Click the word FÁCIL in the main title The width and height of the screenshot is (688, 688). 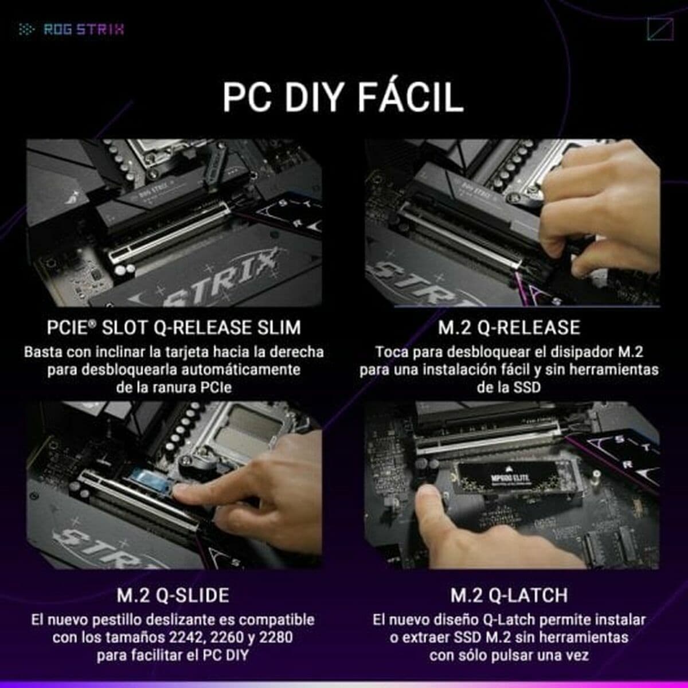(x=410, y=97)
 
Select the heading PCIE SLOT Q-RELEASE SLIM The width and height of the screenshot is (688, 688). (x=173, y=327)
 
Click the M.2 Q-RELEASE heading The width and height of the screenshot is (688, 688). (x=509, y=327)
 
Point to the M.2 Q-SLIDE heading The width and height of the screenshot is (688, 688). (x=173, y=595)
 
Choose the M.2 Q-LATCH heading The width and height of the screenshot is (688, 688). (x=509, y=595)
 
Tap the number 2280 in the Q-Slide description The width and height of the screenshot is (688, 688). (x=276, y=637)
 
